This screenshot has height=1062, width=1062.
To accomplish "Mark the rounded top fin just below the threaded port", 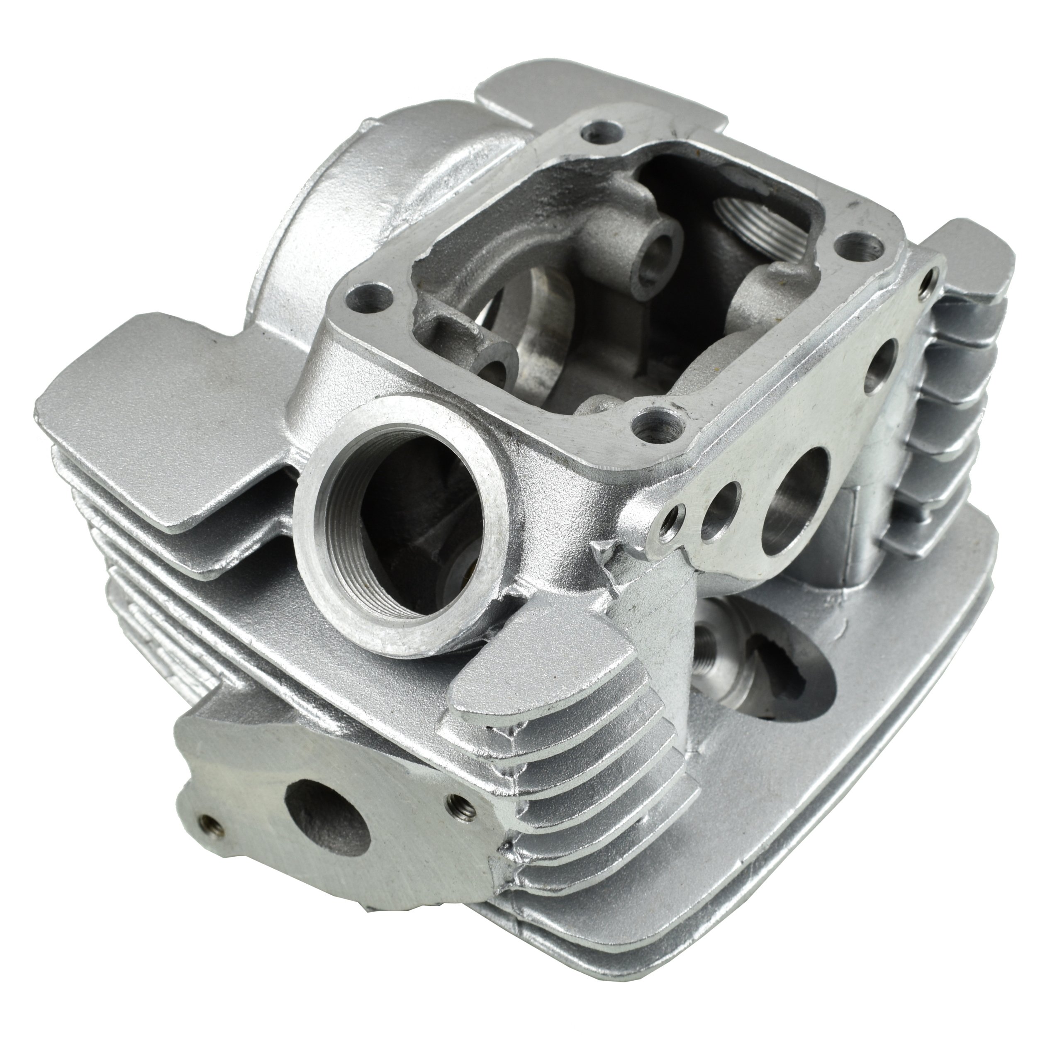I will click(544, 679).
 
